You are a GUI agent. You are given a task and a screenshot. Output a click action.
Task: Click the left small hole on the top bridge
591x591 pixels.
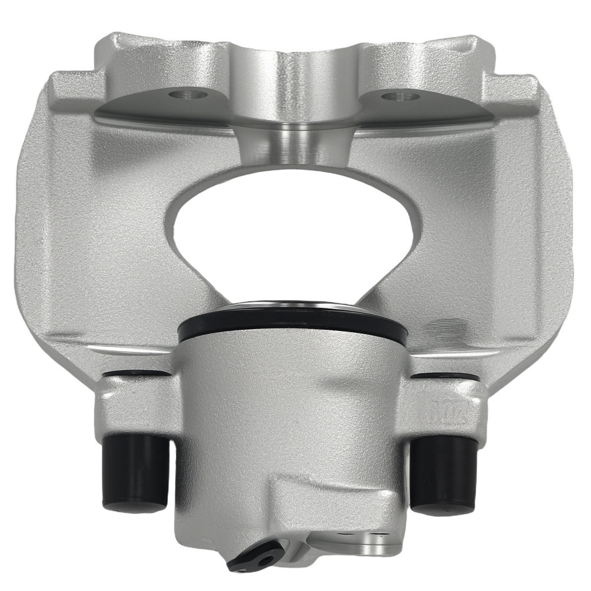point(184,94)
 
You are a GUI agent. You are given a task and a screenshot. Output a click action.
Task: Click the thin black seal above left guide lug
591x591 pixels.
point(139,374)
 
